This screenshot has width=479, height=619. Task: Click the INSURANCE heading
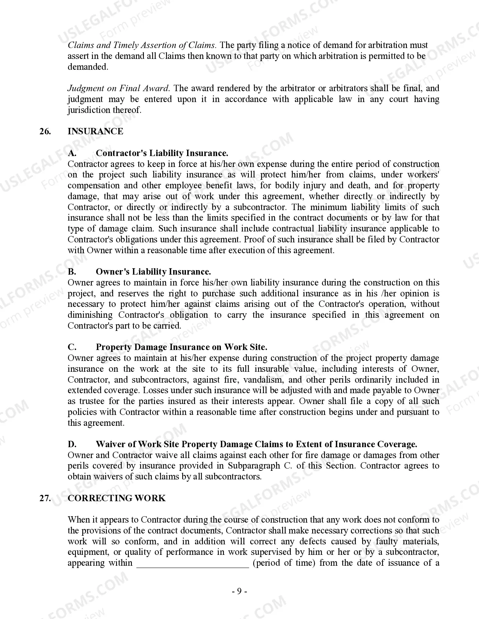coord(95,131)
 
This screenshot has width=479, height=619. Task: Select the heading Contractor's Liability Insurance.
coord(162,153)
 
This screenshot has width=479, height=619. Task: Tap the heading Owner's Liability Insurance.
coord(153,272)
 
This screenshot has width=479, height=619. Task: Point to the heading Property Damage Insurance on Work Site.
coord(181,347)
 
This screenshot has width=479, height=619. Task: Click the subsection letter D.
coord(72,444)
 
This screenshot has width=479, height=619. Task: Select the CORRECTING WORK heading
coord(116,498)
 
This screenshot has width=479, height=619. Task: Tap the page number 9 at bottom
coord(239,592)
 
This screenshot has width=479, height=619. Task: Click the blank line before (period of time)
coord(192,563)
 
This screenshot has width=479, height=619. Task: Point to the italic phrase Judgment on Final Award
coord(118,89)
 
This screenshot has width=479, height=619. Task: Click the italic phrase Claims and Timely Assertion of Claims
coord(142,45)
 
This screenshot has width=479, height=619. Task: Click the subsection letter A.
coord(72,153)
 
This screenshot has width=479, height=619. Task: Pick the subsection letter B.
coord(72,272)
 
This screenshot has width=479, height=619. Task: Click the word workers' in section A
coord(423,175)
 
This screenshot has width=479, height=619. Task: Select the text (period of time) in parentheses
coord(284,563)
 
